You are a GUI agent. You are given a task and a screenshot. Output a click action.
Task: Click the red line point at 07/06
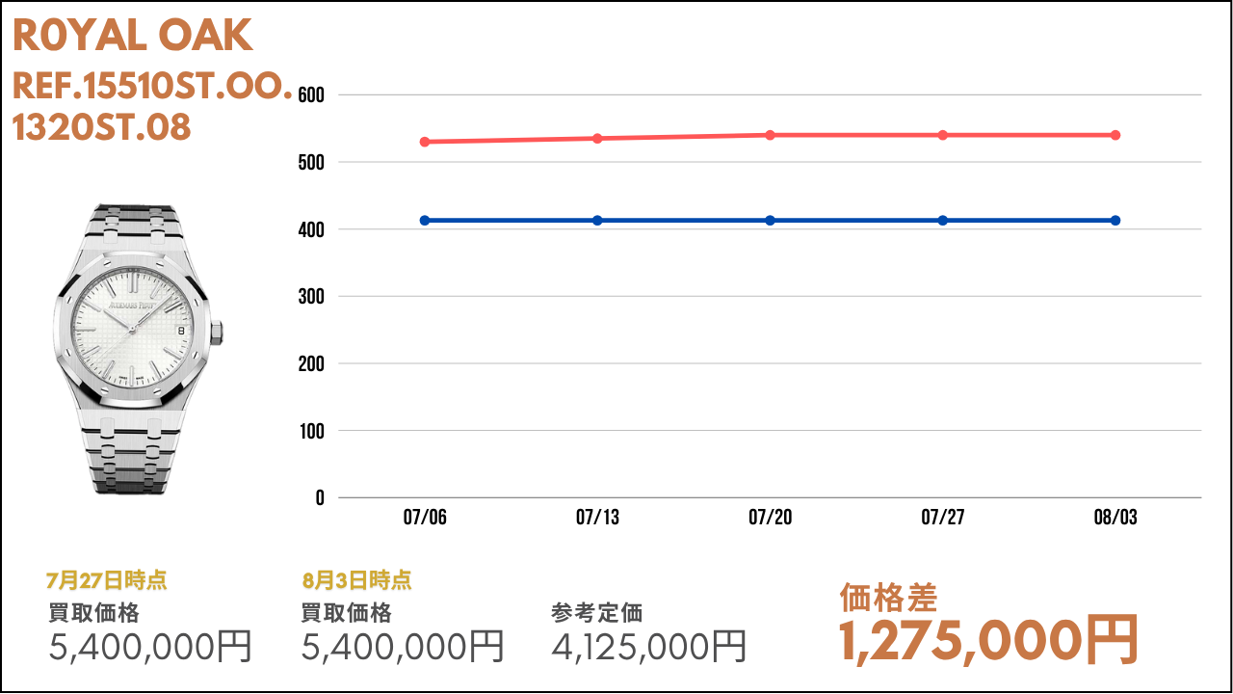[x=425, y=142]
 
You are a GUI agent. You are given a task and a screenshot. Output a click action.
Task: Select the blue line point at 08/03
[x=1115, y=221]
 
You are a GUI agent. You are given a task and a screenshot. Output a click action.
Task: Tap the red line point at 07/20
[x=771, y=135]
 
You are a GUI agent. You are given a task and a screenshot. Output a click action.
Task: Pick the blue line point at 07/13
[x=597, y=221]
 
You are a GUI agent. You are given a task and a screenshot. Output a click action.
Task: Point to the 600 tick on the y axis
[x=312, y=95]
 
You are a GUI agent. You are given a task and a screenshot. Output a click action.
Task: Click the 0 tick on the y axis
[x=319, y=498]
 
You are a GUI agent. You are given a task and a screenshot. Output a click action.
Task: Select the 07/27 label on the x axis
[x=943, y=519]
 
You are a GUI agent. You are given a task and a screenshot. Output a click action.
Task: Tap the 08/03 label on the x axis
[x=1115, y=519]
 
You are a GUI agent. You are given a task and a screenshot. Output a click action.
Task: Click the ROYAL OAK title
[x=132, y=37]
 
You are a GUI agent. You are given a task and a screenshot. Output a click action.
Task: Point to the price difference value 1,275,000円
[x=988, y=640]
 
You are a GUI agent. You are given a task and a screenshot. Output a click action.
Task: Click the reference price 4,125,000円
[x=648, y=646]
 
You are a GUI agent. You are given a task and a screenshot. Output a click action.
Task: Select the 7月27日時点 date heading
[x=106, y=580]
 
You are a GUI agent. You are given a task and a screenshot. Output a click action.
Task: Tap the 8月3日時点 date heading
[x=356, y=580]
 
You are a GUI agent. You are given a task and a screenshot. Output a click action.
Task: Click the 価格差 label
[x=888, y=598]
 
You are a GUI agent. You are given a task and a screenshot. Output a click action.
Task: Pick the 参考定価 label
[x=597, y=613]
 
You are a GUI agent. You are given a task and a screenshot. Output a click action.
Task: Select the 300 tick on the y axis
[x=312, y=297]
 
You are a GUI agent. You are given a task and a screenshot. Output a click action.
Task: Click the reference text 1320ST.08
[x=101, y=127]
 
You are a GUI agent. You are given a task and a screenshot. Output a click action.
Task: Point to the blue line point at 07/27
[x=943, y=221]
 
